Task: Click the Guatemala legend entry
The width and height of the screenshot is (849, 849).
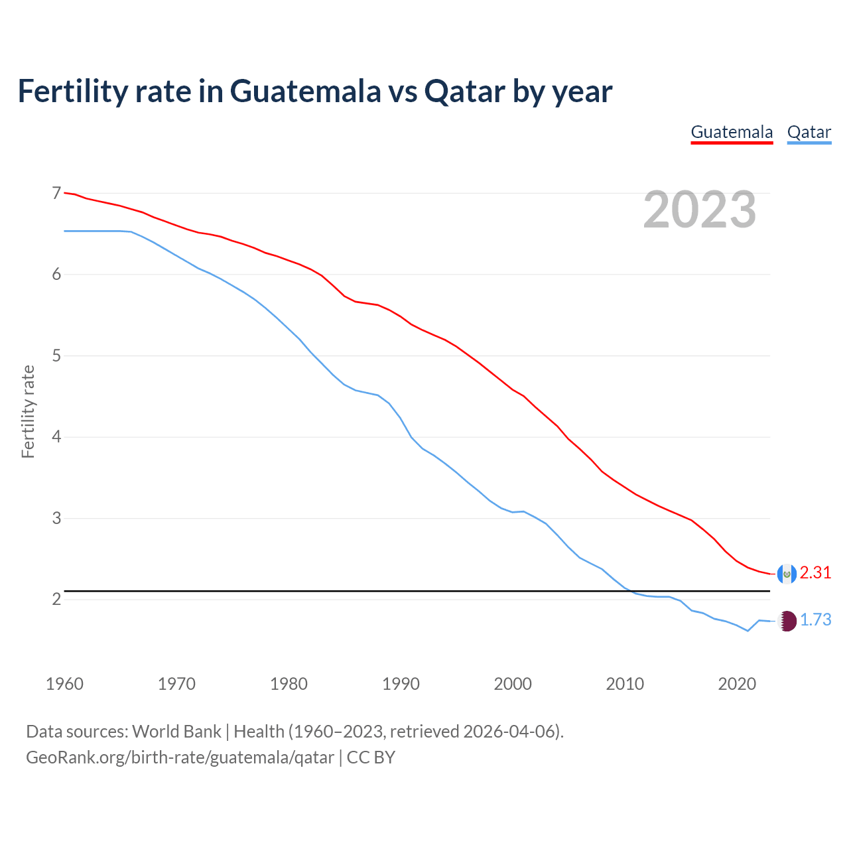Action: pyautogui.click(x=732, y=132)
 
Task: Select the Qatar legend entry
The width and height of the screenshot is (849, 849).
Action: pyautogui.click(x=809, y=132)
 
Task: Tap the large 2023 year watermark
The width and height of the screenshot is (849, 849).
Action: pyautogui.click(x=700, y=210)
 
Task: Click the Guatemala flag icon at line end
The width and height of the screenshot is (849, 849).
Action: pyautogui.click(x=787, y=574)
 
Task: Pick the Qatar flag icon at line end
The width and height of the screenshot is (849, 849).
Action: pyautogui.click(x=787, y=621)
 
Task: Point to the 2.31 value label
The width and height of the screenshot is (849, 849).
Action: pyautogui.click(x=815, y=572)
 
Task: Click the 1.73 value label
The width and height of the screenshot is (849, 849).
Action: pyautogui.click(x=815, y=620)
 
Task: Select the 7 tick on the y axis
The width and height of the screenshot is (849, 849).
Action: pyautogui.click(x=56, y=193)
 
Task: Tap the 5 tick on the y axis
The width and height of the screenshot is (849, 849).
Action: pyautogui.click(x=56, y=356)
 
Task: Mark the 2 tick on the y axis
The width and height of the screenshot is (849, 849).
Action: pyautogui.click(x=56, y=599)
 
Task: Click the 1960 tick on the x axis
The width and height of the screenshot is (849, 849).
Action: pyautogui.click(x=64, y=684)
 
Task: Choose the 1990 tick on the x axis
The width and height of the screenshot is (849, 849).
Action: pyautogui.click(x=401, y=684)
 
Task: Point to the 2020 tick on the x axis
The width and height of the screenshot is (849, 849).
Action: pyautogui.click(x=737, y=684)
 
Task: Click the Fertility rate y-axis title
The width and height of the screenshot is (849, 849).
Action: pyautogui.click(x=28, y=411)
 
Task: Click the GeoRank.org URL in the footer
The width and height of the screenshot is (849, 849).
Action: pyautogui.click(x=180, y=757)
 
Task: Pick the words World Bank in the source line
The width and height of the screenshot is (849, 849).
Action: pyautogui.click(x=176, y=732)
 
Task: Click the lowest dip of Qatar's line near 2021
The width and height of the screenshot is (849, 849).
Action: pyautogui.click(x=748, y=631)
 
